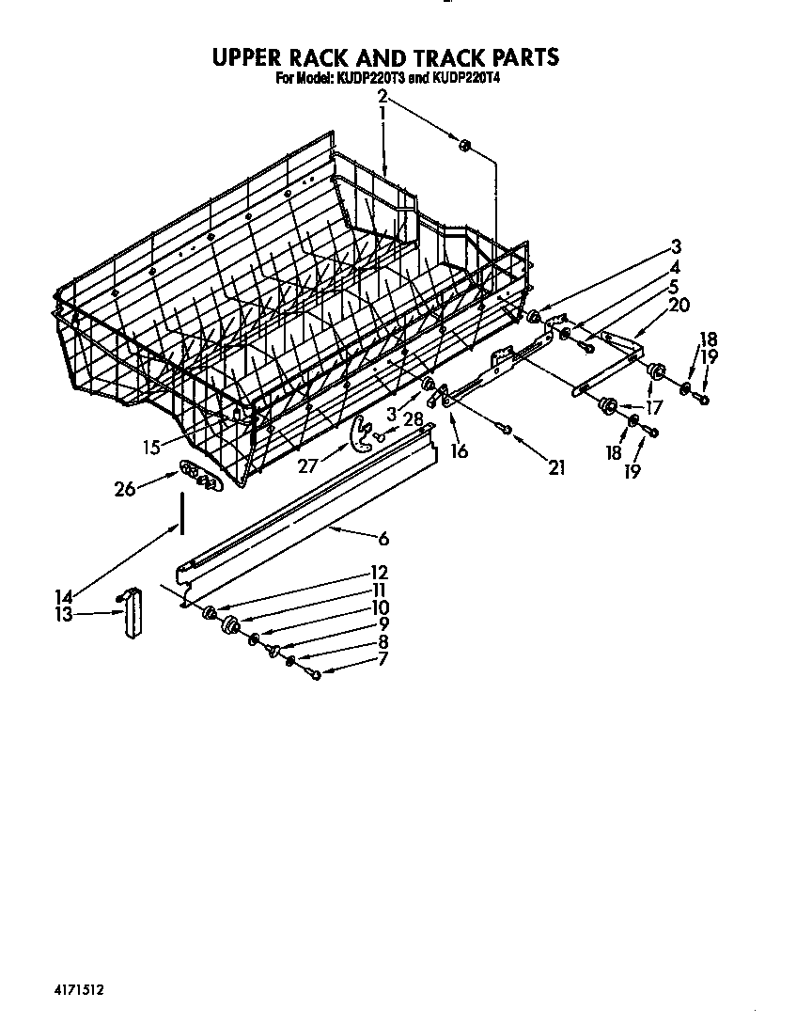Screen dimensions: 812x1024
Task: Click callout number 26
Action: pyautogui.click(x=124, y=488)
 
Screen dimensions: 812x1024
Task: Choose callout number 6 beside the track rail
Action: pyautogui.click(x=383, y=539)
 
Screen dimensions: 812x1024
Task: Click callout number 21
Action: pyautogui.click(x=556, y=465)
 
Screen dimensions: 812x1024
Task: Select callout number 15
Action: pyautogui.click(x=152, y=448)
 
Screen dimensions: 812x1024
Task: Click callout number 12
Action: pyautogui.click(x=379, y=572)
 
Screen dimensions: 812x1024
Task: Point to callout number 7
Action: pyautogui.click(x=382, y=661)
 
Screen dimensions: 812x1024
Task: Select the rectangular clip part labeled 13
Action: pyautogui.click(x=131, y=613)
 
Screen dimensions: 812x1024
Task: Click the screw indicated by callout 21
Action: pyautogui.click(x=506, y=430)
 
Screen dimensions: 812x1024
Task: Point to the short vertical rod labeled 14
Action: pyautogui.click(x=178, y=516)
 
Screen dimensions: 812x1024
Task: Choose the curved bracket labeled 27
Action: pyautogui.click(x=356, y=433)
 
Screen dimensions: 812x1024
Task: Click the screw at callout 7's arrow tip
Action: pyautogui.click(x=316, y=673)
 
